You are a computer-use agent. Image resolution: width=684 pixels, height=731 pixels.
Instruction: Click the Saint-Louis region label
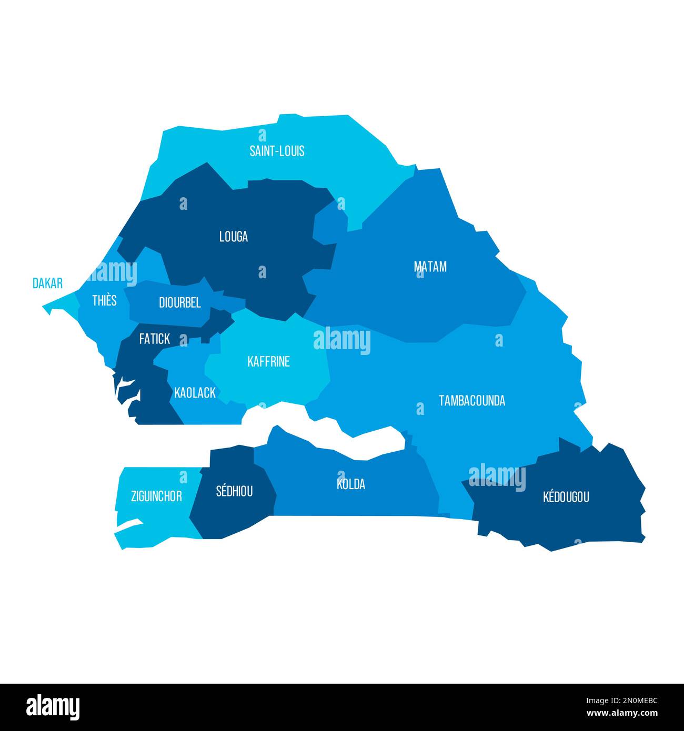(277, 151)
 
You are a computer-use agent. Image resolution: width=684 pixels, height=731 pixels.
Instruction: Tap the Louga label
(234, 237)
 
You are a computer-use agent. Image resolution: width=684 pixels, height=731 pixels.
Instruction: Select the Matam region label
(430, 267)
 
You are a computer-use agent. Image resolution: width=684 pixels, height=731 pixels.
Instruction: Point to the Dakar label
(47, 283)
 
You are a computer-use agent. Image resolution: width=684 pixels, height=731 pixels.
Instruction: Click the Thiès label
(104, 300)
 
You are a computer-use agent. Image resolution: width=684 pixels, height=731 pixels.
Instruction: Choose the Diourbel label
(179, 303)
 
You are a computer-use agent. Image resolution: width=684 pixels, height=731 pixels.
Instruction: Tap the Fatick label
(154, 339)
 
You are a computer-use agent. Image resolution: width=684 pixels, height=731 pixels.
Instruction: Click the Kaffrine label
(268, 362)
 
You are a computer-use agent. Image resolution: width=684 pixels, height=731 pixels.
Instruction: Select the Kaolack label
(195, 393)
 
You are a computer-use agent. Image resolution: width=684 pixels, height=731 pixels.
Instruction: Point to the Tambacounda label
(472, 401)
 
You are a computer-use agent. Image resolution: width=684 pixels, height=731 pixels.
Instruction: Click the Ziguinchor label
(156, 496)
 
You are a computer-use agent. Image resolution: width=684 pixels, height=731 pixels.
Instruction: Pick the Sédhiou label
(234, 491)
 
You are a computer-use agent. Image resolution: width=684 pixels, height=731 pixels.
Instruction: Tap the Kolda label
(351, 484)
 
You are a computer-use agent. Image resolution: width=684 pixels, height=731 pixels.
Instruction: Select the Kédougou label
(566, 496)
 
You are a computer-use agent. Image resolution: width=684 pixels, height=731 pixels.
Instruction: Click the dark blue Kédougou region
(579, 521)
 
